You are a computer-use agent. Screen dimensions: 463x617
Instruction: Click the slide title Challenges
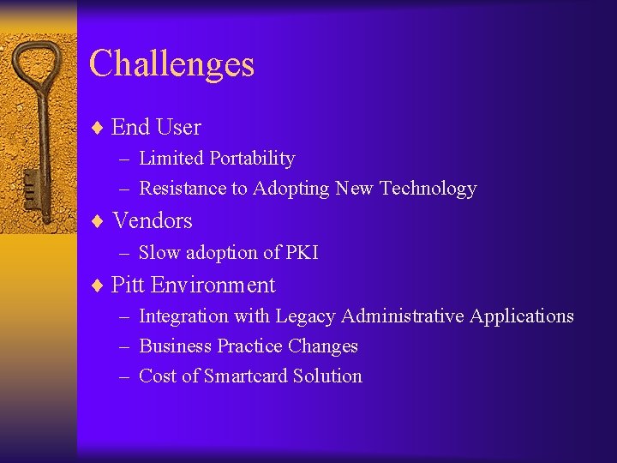click(x=171, y=64)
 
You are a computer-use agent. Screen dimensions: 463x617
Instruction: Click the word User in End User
click(x=178, y=128)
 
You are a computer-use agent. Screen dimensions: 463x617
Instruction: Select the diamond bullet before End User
click(x=98, y=128)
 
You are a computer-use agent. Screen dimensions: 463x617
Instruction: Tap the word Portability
click(x=253, y=159)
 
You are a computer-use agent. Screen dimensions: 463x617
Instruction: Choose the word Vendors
click(x=153, y=221)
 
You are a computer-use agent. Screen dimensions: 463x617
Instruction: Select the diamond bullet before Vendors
click(x=98, y=221)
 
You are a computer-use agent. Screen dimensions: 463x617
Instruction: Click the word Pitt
click(x=128, y=286)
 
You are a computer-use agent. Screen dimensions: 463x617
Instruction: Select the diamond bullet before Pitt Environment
click(x=98, y=286)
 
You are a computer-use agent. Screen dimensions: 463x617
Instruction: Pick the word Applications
click(x=523, y=316)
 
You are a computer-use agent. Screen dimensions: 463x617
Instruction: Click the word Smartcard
click(x=245, y=376)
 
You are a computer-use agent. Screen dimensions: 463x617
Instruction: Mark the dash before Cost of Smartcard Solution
click(x=124, y=376)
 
